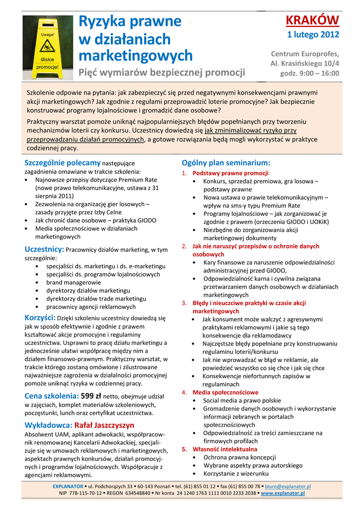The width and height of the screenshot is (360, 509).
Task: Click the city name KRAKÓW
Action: tap(312, 20)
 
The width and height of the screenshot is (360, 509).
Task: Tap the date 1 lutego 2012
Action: tap(313, 35)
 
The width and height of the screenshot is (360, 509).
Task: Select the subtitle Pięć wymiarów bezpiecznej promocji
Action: tap(162, 73)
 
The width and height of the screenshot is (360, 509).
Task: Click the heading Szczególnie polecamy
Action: tap(62, 163)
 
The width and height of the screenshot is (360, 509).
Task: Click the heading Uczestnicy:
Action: tap(44, 249)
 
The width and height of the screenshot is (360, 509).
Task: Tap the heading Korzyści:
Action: tap(40, 318)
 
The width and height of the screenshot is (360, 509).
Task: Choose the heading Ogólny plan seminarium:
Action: tap(226, 163)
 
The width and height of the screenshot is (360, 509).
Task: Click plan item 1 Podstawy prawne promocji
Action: tap(230, 173)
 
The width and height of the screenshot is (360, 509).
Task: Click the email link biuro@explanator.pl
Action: tap(288, 486)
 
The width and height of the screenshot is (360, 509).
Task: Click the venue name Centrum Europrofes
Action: tap(305, 54)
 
